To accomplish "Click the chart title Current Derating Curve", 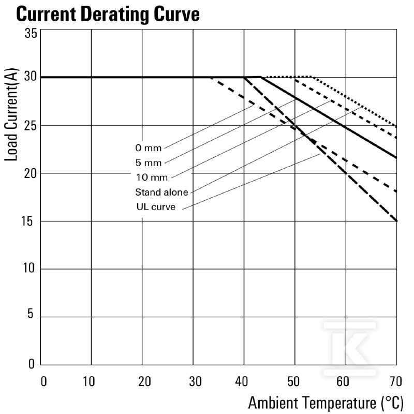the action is point(108,14).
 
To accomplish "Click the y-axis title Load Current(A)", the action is point(11,114).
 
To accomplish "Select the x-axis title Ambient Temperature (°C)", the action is point(326,403).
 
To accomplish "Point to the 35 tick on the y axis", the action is point(31,33).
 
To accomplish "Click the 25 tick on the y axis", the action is point(31,126).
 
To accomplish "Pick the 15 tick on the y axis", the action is point(28,221).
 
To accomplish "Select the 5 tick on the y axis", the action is point(31,314).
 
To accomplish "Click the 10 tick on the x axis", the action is point(88,381).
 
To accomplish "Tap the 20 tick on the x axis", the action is point(144,381).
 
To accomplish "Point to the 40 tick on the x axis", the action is point(242,381).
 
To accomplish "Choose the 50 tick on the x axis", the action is point(293,381).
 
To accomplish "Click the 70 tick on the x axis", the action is point(396,381).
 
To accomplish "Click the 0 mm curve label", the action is point(149,148).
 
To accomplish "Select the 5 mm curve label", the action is point(149,162).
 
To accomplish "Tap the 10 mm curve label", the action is point(152,177).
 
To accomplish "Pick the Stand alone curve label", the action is point(161,192).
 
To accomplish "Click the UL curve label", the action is point(156,206).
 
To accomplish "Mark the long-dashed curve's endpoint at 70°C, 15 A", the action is point(396,221).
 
